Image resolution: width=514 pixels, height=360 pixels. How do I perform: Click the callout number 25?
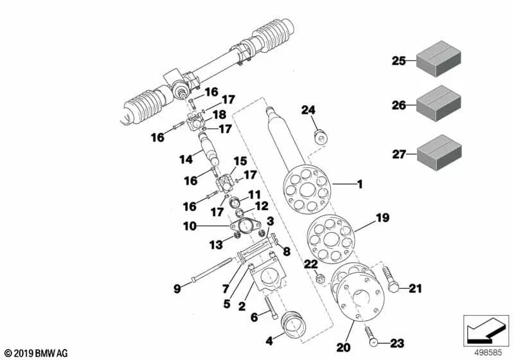tap(399, 62)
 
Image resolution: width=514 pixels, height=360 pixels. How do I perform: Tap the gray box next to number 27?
tap(441, 154)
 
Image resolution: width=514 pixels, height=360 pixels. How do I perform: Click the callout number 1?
tap(360, 184)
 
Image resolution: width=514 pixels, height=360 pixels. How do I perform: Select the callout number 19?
tap(382, 218)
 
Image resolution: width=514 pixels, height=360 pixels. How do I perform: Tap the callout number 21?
tap(415, 289)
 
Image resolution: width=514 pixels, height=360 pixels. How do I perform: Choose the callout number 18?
tap(220, 114)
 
